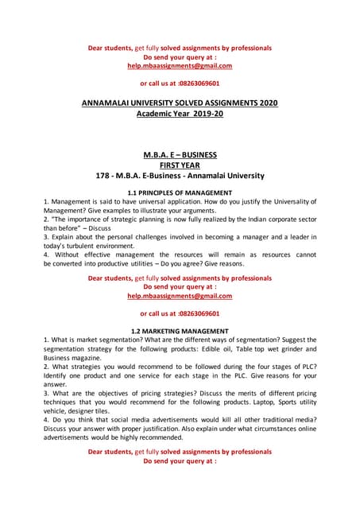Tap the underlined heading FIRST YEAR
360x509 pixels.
180,165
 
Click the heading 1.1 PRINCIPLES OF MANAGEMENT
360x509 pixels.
180,193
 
